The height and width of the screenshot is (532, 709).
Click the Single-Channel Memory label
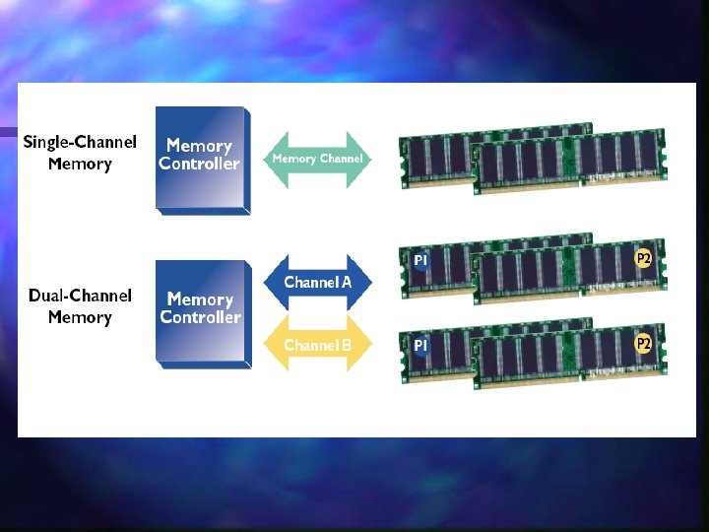pyautogui.click(x=80, y=154)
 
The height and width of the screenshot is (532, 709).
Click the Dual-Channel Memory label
pyautogui.click(x=80, y=306)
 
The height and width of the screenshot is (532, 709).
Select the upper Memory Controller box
pyautogui.click(x=201, y=158)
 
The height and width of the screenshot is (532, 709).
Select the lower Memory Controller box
pyautogui.click(x=202, y=310)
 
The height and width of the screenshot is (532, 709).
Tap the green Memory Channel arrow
pyautogui.click(x=317, y=159)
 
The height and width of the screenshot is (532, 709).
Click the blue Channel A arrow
pyautogui.click(x=317, y=283)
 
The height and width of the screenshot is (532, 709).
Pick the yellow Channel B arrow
pyautogui.click(x=317, y=345)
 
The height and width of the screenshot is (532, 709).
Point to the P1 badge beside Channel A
pyautogui.click(x=420, y=260)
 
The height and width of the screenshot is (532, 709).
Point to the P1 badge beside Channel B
pyautogui.click(x=420, y=346)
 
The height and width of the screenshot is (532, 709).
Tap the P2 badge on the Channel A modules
pyautogui.click(x=643, y=259)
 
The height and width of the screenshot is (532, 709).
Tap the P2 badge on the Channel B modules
pyautogui.click(x=643, y=344)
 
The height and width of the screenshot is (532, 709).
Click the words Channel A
pyautogui.click(x=317, y=283)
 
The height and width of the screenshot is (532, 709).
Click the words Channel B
pyautogui.click(x=317, y=345)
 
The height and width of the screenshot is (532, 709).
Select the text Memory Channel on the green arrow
pyautogui.click(x=317, y=159)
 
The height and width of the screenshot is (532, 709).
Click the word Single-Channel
pyautogui.click(x=80, y=143)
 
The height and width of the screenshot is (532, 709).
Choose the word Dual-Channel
pyautogui.click(x=80, y=296)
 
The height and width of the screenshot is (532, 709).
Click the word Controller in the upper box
pyautogui.click(x=199, y=165)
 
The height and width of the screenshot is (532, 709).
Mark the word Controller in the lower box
pyautogui.click(x=201, y=317)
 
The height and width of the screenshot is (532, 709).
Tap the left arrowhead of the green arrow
pyautogui.click(x=273, y=159)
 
